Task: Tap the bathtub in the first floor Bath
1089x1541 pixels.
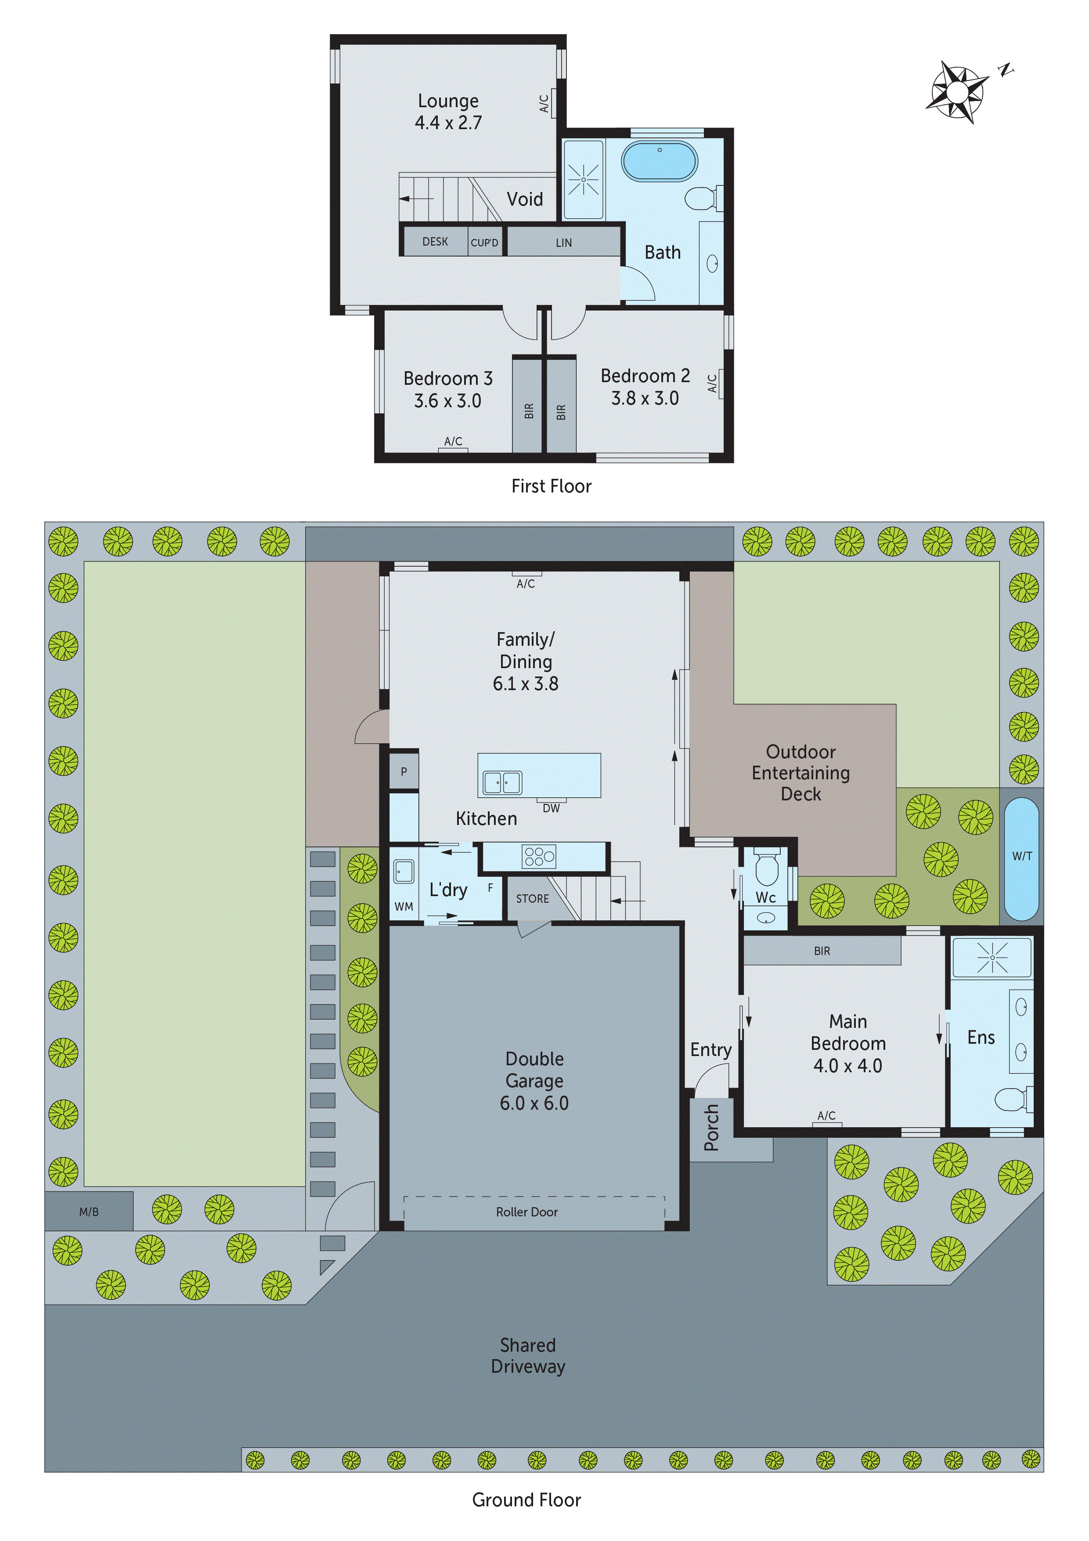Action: tap(659, 161)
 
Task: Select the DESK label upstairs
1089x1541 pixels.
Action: tap(435, 242)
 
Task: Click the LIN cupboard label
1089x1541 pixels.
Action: tap(564, 243)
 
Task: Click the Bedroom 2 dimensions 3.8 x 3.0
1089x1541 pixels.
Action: tap(644, 399)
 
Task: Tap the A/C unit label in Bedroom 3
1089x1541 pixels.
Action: tap(453, 441)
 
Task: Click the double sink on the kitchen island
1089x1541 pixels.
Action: tap(502, 783)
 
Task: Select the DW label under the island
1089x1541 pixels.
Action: tap(551, 808)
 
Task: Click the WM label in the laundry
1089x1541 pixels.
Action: tap(403, 907)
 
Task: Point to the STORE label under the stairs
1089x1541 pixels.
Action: tap(532, 899)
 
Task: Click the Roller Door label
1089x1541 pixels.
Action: tap(527, 1212)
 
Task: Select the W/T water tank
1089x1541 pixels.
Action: tap(1021, 857)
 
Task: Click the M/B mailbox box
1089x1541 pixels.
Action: tap(89, 1212)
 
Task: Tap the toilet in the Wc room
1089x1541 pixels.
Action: tap(766, 867)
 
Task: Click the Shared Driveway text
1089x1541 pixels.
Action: tap(528, 1355)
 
